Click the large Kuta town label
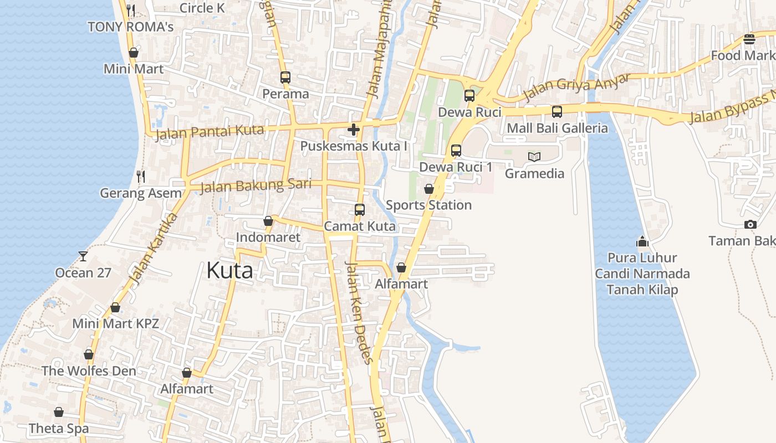(229, 270)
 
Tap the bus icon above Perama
(285, 78)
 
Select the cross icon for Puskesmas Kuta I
(354, 130)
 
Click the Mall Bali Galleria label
(557, 128)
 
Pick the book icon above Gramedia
(534, 157)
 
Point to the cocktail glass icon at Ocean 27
(83, 256)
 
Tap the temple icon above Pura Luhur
(642, 241)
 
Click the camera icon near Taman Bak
(751, 224)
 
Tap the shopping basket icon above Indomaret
(268, 221)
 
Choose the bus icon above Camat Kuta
(360, 210)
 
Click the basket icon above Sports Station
(429, 189)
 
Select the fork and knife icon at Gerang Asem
(141, 177)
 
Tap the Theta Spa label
(59, 428)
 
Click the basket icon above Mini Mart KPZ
(115, 307)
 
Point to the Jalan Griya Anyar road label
(576, 86)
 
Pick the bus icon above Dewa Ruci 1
(456, 150)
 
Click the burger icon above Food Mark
(749, 39)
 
